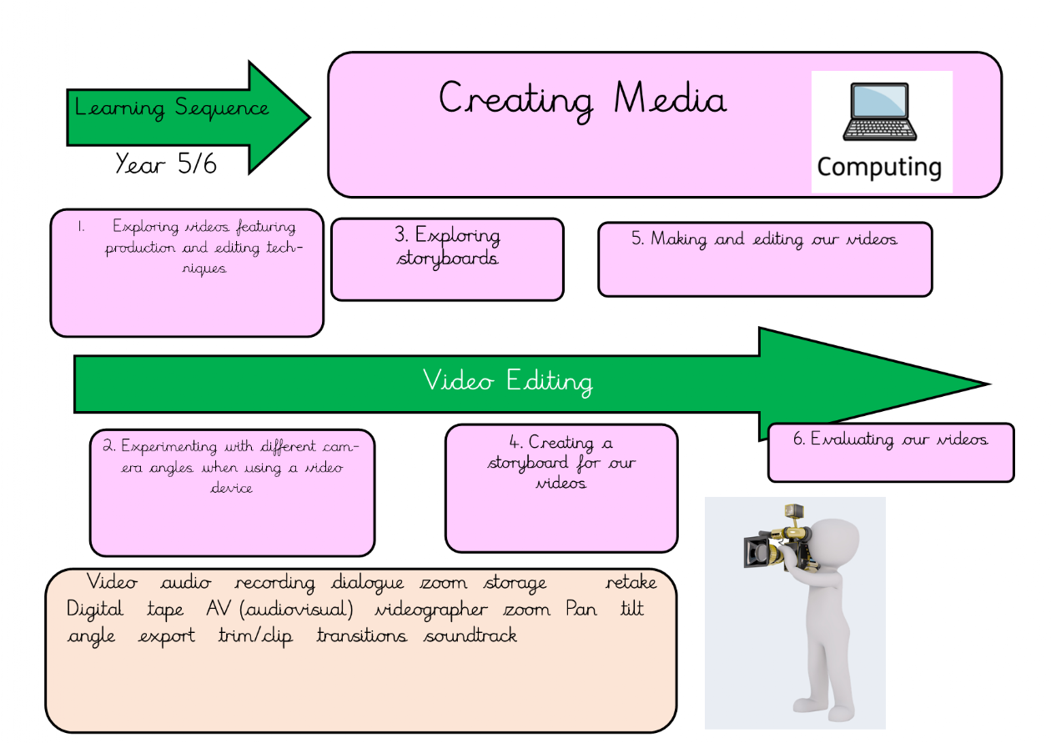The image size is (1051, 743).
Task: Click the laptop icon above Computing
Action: (x=879, y=113)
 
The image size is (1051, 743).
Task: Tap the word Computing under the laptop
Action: (x=879, y=167)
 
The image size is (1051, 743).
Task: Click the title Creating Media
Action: (x=582, y=100)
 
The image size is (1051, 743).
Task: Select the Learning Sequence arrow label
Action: (x=173, y=108)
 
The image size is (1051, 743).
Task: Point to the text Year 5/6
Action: (x=166, y=163)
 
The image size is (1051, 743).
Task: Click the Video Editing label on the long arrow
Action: (x=507, y=382)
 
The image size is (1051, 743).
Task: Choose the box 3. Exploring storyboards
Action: (x=447, y=259)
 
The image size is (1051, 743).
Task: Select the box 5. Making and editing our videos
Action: (x=764, y=259)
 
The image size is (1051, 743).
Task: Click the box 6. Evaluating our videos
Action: (x=890, y=451)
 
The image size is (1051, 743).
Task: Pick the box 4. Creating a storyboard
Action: (x=561, y=487)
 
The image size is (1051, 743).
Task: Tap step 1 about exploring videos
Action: (x=186, y=272)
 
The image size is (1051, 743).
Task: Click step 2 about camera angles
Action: (x=232, y=491)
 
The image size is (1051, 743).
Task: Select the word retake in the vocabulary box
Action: (x=631, y=583)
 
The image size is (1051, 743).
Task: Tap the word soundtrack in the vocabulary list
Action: (x=470, y=636)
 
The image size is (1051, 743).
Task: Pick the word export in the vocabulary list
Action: (x=167, y=636)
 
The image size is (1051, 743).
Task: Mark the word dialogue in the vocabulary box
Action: (x=367, y=583)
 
